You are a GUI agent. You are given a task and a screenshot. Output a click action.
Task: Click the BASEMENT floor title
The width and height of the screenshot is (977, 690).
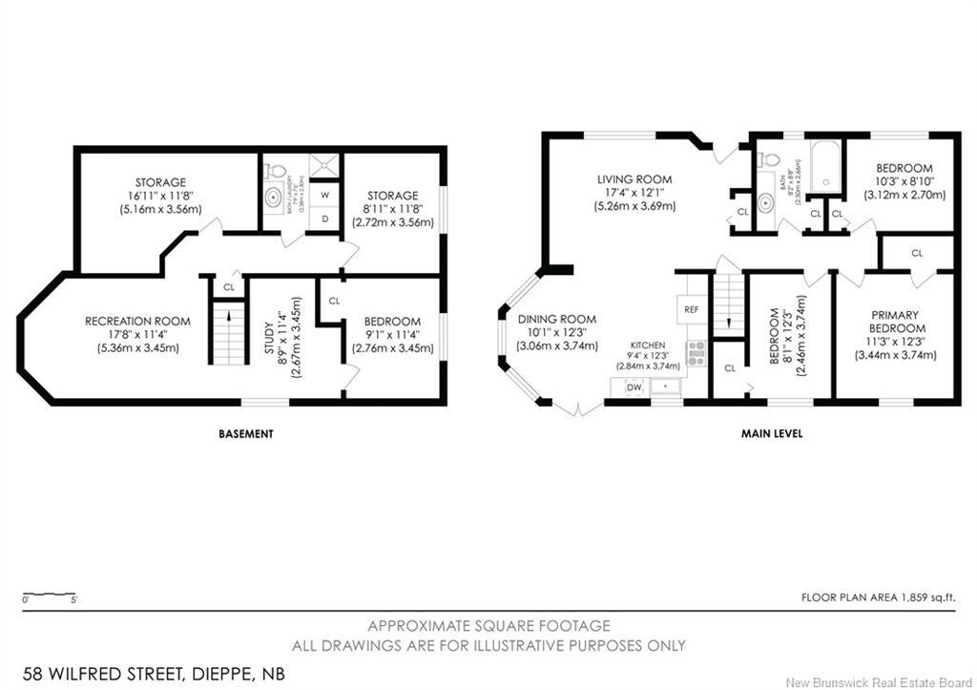[x=245, y=433]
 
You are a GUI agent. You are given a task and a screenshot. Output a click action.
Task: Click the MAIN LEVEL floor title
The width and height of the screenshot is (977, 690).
[x=771, y=433]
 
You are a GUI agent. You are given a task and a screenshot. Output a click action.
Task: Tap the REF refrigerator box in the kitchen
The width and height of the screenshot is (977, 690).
[x=692, y=309]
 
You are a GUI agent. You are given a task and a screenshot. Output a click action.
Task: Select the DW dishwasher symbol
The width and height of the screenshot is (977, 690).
[x=634, y=387]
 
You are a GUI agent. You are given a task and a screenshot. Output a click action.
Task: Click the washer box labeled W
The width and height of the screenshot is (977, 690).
[x=325, y=194]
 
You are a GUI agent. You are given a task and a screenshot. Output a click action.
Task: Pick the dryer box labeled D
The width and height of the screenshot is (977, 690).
[x=325, y=219]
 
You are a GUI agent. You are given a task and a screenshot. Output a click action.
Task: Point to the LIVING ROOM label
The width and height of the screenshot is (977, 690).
[x=634, y=178]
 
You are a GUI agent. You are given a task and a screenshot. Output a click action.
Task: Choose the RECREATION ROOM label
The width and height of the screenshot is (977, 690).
[x=137, y=321]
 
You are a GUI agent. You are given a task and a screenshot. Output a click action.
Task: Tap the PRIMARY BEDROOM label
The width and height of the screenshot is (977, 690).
[x=893, y=322]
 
